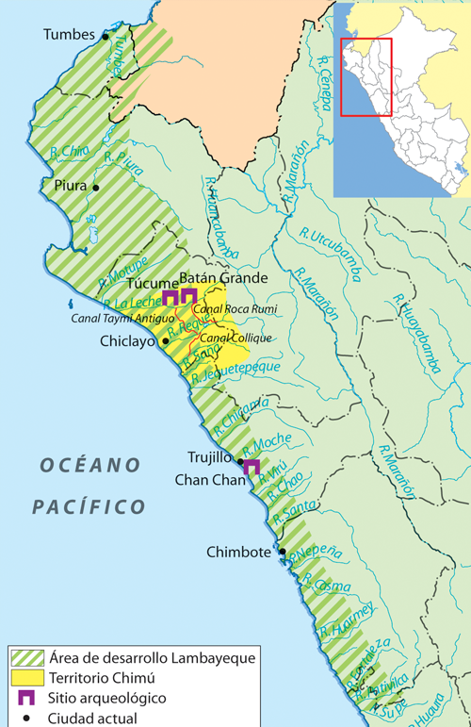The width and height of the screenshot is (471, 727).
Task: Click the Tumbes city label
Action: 70,35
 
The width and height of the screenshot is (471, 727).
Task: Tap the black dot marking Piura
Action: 96,187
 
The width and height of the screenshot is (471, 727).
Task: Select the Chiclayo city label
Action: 129,342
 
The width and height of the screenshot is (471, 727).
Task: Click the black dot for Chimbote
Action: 282,552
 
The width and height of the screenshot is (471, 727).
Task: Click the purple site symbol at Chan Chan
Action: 252,468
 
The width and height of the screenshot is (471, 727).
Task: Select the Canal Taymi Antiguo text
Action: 115,318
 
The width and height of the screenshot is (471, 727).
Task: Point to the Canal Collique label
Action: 235,338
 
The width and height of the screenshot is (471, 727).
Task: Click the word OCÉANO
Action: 89,465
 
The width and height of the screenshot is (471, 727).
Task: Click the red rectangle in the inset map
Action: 366,76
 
